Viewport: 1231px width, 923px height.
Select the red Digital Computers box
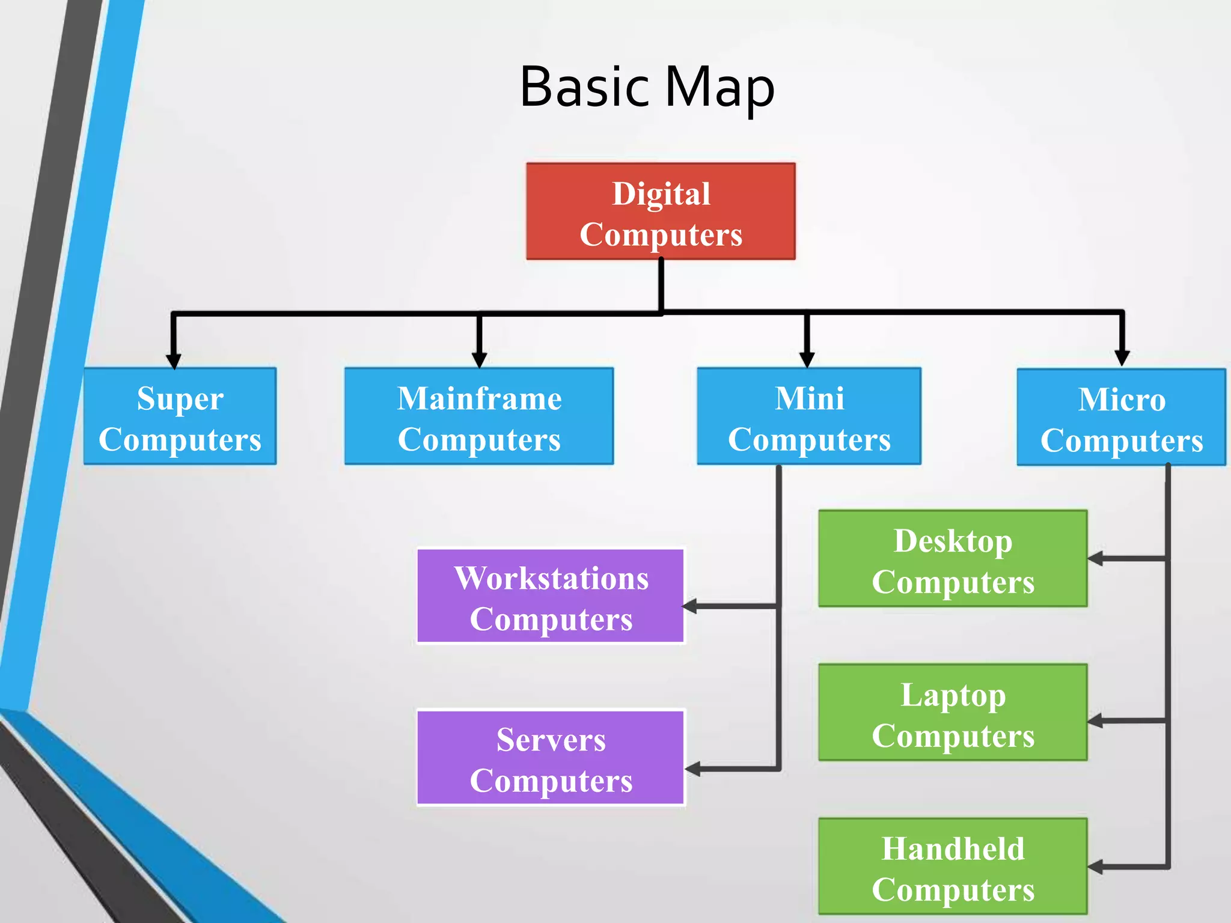[x=661, y=212]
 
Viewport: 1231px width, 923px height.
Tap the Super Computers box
[x=180, y=416]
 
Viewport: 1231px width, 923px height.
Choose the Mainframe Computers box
[x=479, y=416]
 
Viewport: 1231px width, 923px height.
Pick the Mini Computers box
[x=809, y=416]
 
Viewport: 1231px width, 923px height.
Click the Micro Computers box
[x=1121, y=418]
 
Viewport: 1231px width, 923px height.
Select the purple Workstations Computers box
[x=551, y=596]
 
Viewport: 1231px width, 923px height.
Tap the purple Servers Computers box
[x=551, y=758]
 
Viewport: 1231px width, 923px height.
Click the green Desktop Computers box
[x=953, y=559]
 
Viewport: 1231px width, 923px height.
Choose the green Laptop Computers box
[x=953, y=713]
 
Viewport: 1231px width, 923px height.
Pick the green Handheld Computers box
[x=953, y=867]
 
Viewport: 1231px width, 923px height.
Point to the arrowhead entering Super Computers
[x=174, y=361]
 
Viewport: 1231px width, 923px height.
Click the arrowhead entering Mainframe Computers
[x=479, y=360]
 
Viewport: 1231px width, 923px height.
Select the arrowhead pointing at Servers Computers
[x=692, y=769]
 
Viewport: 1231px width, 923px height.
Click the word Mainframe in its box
[x=479, y=398]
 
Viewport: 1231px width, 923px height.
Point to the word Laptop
[x=953, y=695]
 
